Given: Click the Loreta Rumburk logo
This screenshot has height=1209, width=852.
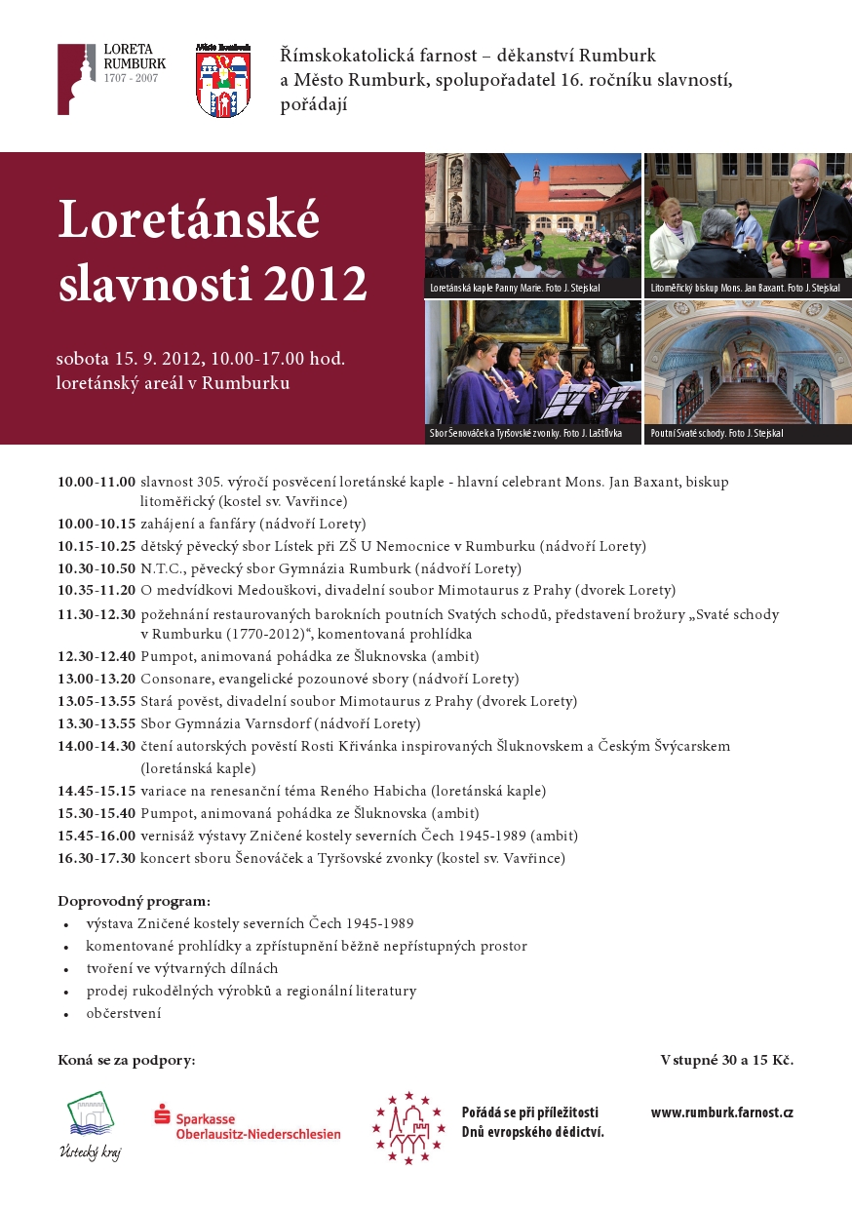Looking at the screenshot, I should [x=110, y=79].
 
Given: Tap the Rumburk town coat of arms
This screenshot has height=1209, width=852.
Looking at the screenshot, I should [x=222, y=82].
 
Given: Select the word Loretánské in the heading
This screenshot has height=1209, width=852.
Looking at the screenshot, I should [x=188, y=219].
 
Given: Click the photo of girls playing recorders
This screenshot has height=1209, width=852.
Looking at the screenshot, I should [x=532, y=363].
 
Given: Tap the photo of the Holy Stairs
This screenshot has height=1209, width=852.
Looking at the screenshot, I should [x=748, y=363].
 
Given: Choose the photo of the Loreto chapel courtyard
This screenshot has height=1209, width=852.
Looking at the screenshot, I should [x=532, y=216].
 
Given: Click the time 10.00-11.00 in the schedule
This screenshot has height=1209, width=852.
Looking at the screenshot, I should [x=96, y=482].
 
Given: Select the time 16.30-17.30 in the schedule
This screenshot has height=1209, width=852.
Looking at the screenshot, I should [x=96, y=859].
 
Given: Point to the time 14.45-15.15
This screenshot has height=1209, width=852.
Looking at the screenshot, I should [x=96, y=791].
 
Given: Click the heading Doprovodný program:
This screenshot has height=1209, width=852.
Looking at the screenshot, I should [x=134, y=901].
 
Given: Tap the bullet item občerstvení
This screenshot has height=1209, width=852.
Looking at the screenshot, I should [x=123, y=1013].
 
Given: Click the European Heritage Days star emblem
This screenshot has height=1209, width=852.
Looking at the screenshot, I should [x=408, y=1127].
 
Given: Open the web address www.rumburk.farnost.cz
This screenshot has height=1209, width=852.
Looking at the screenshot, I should [x=721, y=1112].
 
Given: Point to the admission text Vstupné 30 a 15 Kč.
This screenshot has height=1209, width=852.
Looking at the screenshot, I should [x=726, y=1060].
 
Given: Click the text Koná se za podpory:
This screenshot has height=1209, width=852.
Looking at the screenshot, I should [x=126, y=1060].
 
